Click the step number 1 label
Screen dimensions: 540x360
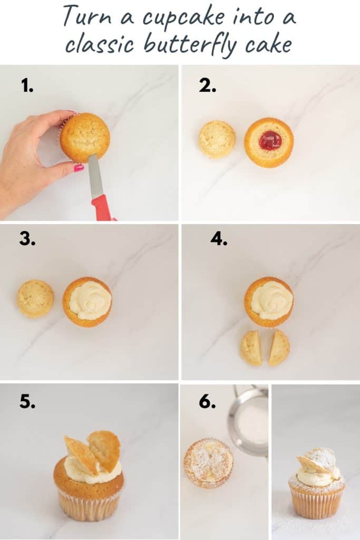pos(27,85)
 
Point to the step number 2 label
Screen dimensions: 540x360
pos(207,85)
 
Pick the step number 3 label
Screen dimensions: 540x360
pos(27,239)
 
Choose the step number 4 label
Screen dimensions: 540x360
pos(219,239)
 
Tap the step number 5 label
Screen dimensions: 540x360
pos(27,401)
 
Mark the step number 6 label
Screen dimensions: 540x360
pos(207,402)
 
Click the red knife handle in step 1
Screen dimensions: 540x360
pos(102,207)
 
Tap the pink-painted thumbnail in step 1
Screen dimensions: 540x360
pos(79,168)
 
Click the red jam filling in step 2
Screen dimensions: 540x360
pos(270,140)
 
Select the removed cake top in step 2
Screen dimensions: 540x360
pos(217,139)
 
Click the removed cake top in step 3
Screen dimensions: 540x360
pos(35,298)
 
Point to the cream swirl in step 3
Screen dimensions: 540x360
pos(90,301)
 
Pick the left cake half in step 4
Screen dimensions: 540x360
pos(251,348)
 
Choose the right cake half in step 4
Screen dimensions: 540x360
pos(279,348)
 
